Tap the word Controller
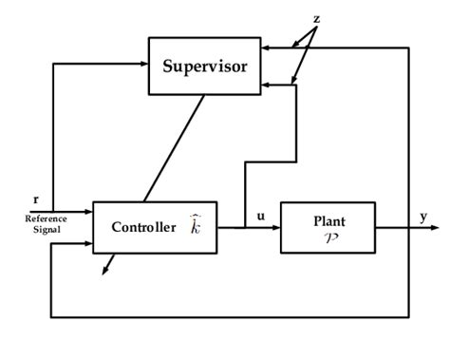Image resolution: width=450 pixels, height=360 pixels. pyautogui.click(x=143, y=227)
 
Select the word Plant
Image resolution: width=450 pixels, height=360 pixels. pyautogui.click(x=328, y=220)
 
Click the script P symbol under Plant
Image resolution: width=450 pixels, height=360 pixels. pyautogui.click(x=328, y=237)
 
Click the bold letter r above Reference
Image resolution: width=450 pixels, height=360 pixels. pyautogui.click(x=36, y=199)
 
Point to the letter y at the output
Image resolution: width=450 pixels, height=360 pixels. pyautogui.click(x=423, y=217)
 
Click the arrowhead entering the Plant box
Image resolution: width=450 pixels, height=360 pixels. pyautogui.click(x=275, y=228)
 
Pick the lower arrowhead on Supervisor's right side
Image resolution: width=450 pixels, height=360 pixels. pyautogui.click(x=265, y=85)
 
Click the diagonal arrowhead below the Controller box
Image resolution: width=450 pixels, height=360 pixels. pyautogui.click(x=104, y=271)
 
